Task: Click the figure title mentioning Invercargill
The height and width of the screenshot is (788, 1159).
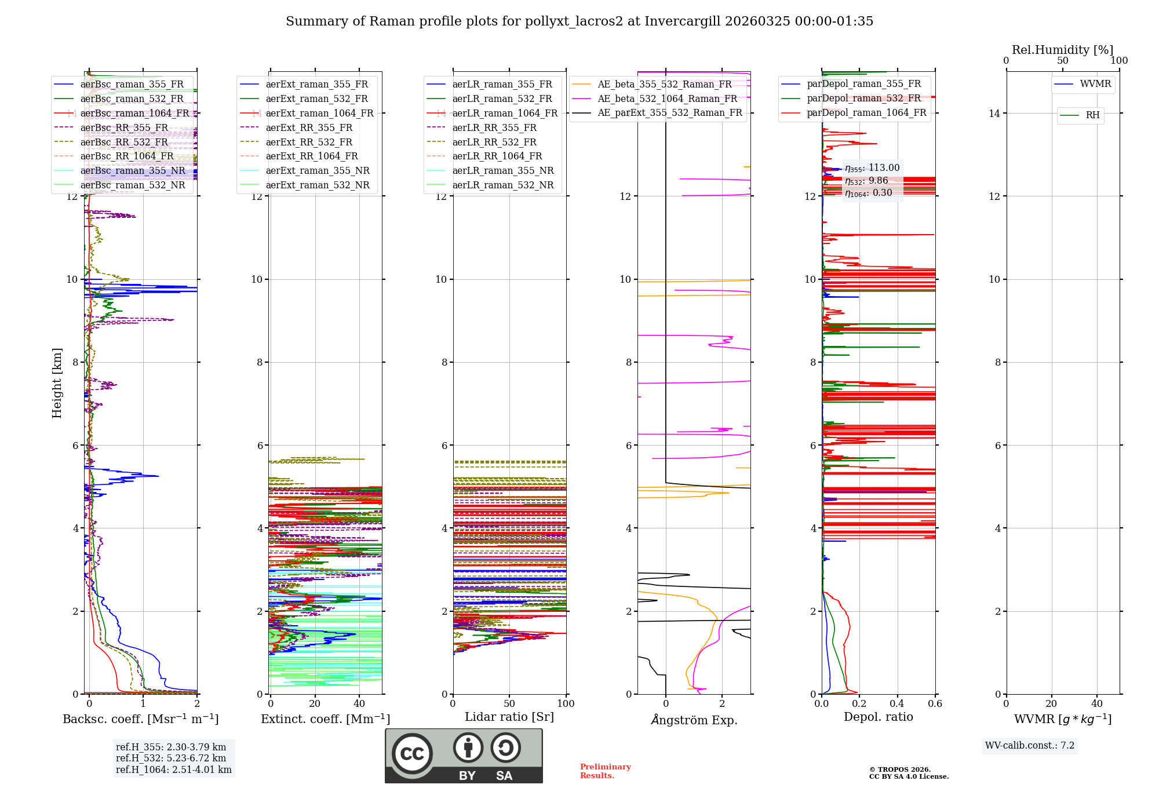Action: (579, 21)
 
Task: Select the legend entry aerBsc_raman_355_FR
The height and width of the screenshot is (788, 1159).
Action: (132, 85)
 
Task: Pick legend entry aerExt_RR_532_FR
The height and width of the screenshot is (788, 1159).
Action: (308, 142)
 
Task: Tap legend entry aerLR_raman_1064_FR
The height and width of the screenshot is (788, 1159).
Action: (504, 113)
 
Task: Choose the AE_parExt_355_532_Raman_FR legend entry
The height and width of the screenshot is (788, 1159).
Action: (669, 113)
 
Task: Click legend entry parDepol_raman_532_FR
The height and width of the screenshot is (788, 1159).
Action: (863, 99)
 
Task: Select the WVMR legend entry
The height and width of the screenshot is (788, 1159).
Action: (1095, 84)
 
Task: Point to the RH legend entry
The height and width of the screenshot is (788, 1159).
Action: (1092, 115)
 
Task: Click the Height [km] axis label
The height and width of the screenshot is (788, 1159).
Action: (57, 382)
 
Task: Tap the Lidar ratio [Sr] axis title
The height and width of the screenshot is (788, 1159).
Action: (509, 717)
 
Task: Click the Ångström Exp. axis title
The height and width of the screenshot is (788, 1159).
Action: (694, 720)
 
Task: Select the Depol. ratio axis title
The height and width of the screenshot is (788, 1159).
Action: (878, 717)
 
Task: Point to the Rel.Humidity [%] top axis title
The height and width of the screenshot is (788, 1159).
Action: (1062, 50)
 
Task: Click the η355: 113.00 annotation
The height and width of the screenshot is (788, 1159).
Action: (872, 168)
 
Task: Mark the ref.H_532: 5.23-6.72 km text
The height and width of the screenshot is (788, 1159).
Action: (171, 758)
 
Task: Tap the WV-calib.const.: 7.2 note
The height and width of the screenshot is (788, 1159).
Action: (1030, 746)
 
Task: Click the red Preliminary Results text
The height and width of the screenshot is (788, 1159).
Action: (605, 771)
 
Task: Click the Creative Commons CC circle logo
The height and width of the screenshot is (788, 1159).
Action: (412, 754)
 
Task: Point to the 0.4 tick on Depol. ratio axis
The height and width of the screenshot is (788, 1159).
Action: (897, 704)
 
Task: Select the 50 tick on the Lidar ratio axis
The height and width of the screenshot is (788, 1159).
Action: (509, 704)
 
